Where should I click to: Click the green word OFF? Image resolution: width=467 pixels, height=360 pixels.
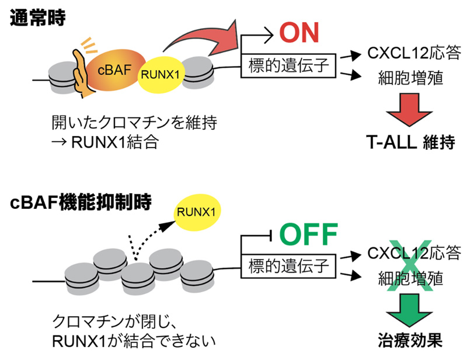click(309, 234)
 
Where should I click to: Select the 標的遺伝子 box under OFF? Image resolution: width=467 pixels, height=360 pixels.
click(290, 266)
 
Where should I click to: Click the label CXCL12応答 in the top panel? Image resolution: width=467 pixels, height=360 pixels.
click(410, 54)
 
